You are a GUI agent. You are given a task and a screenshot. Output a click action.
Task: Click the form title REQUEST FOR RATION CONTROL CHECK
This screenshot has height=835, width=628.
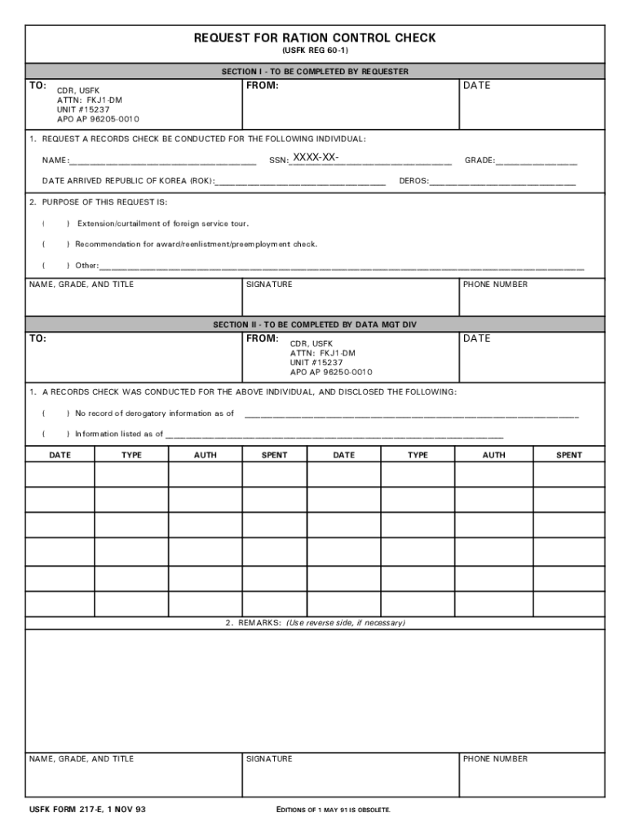315,38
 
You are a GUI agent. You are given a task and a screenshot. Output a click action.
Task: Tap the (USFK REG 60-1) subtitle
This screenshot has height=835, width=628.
315,51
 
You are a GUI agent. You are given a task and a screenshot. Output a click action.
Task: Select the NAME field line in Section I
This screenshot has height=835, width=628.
163,161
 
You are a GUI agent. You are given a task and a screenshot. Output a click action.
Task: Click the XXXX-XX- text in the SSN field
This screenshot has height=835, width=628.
316,157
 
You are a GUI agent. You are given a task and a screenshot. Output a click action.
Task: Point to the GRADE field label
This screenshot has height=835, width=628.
480,161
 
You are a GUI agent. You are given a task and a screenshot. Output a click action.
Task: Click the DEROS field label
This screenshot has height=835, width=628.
414,181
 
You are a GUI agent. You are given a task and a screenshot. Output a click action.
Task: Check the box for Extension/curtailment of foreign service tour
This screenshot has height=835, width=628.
55,223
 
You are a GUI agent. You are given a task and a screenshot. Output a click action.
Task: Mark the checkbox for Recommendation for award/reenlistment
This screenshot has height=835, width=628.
55,244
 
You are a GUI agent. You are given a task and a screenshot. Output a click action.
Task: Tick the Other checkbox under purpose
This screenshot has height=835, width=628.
55,265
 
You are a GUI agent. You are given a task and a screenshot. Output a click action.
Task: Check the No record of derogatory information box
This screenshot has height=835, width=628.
55,413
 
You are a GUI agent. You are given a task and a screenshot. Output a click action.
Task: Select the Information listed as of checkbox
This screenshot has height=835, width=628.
55,434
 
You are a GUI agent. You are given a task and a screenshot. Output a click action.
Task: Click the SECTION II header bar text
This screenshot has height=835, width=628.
315,325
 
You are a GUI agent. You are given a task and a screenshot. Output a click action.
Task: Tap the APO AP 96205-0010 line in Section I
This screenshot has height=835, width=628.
92,119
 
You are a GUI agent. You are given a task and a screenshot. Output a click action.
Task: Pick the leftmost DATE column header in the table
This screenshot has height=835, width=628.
60,455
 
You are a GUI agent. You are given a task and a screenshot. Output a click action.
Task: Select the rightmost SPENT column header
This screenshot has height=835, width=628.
568,455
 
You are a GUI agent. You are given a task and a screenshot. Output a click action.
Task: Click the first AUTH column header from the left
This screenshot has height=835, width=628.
205,455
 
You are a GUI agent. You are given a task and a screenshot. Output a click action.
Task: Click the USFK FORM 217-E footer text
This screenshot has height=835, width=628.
88,810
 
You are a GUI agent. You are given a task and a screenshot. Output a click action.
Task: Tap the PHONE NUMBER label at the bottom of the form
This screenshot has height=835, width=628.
495,759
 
